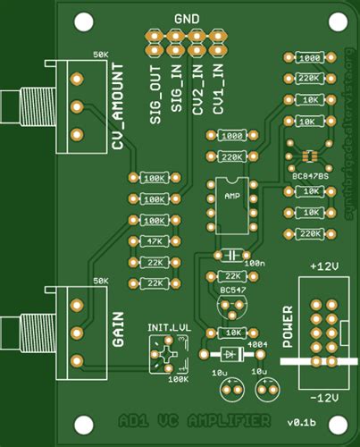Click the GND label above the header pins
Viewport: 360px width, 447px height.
(x=187, y=18)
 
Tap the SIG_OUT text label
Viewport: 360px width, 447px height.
(x=155, y=90)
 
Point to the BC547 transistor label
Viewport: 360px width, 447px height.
(x=233, y=291)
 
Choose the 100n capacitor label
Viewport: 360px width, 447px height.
(x=255, y=264)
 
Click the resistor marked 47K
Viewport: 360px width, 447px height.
(x=155, y=241)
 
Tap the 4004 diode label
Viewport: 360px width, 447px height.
(x=256, y=344)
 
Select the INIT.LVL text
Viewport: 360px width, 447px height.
(x=168, y=328)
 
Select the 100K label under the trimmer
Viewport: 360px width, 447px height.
(x=179, y=379)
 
